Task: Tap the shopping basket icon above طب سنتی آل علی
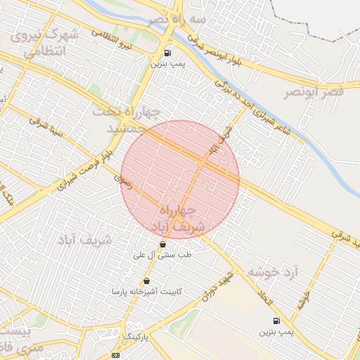pos(163,244)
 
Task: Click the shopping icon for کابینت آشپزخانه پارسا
pos(146,281)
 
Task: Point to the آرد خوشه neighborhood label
pos(273,271)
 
